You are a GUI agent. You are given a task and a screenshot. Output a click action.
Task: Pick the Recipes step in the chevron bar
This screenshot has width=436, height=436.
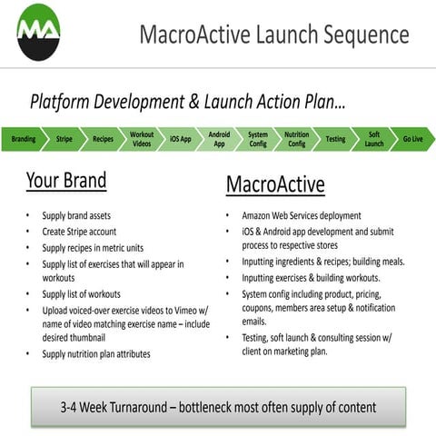(x=103, y=140)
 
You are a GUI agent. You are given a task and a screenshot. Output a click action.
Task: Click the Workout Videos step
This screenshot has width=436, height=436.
(x=142, y=140)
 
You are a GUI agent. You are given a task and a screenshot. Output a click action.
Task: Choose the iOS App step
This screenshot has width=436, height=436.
(x=181, y=140)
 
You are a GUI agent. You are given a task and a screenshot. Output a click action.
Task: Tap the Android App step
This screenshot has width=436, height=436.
(x=219, y=140)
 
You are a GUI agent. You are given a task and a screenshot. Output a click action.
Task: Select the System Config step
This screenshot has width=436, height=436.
(x=258, y=140)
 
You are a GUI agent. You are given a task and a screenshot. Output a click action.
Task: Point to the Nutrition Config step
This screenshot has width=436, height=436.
(x=296, y=140)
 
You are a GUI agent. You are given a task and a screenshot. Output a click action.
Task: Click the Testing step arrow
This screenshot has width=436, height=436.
(x=335, y=140)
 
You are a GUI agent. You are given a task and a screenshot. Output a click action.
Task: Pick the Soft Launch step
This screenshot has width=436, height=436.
(x=374, y=140)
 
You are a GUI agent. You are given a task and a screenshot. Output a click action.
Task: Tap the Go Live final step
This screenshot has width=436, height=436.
(x=413, y=140)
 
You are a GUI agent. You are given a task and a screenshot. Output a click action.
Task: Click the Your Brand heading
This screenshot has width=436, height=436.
(x=65, y=180)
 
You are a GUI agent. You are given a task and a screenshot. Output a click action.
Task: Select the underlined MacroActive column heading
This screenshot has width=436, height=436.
(x=274, y=184)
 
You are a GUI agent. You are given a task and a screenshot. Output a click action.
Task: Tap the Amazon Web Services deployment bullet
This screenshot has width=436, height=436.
(x=301, y=216)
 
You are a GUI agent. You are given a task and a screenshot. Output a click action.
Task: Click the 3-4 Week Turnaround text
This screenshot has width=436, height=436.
(x=217, y=407)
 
